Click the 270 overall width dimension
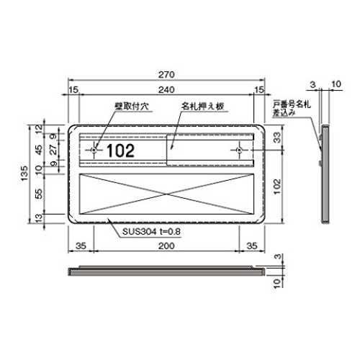(x=166, y=75)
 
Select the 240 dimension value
(x=166, y=90)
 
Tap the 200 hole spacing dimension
(x=166, y=246)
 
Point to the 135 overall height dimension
(x=24, y=174)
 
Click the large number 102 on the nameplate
(x=120, y=150)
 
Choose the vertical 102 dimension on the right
(x=277, y=186)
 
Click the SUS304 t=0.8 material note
(x=151, y=232)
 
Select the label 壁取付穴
(x=132, y=107)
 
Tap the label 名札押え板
(x=203, y=106)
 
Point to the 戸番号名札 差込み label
(x=292, y=108)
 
